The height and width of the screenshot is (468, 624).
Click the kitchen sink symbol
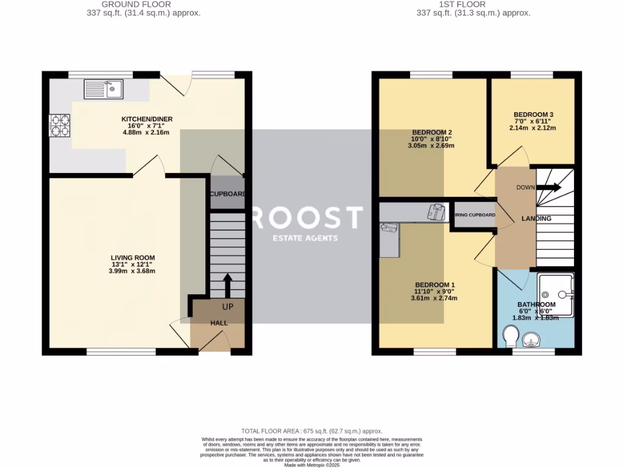[104, 89]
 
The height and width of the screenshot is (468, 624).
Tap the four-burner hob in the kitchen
[60, 125]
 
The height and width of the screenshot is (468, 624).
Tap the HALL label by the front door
[219, 323]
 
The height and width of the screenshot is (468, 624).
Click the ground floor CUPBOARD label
[227, 194]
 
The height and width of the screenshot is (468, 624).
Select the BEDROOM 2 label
[431, 133]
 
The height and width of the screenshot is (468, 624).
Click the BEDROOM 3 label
[533, 115]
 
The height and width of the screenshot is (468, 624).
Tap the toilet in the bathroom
[511, 335]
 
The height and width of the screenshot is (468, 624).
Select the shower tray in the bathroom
[555, 296]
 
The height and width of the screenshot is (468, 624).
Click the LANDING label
[536, 219]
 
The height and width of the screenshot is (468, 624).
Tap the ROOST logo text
[307, 218]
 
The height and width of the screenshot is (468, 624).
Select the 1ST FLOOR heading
[473, 4]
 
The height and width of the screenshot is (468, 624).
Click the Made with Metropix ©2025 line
[311, 465]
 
